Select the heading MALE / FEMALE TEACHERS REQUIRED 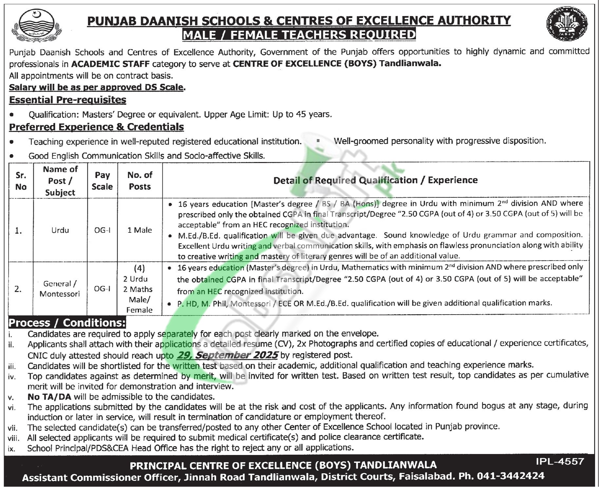pos(299,35)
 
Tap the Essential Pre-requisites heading pos(67,100)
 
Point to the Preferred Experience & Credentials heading pos(96,127)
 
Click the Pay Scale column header pos(102,181)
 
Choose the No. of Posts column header pos(140,181)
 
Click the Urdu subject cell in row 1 pos(60,230)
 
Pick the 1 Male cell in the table pos(140,230)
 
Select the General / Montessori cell pos(60,289)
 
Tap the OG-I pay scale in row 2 pos(102,289)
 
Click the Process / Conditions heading pos(67,323)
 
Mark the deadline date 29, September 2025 pos(227,355)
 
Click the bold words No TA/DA pos(49,397)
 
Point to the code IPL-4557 pos(560,462)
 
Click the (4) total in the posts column pos(140,268)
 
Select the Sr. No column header pos(21,181)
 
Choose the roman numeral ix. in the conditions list pos(11,448)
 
